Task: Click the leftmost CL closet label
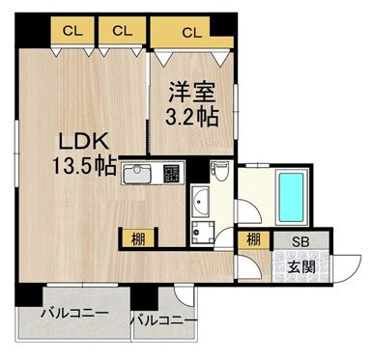click(x=71, y=31)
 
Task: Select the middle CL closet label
click(x=121, y=31)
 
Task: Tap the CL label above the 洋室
click(x=190, y=33)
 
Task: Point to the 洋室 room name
click(x=190, y=96)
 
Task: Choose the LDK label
click(x=75, y=139)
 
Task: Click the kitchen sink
click(x=134, y=177)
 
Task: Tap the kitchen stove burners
click(x=172, y=177)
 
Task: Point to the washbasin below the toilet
click(x=200, y=204)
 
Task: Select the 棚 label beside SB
click(x=252, y=240)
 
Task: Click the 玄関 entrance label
click(x=299, y=263)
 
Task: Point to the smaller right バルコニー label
click(x=164, y=320)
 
